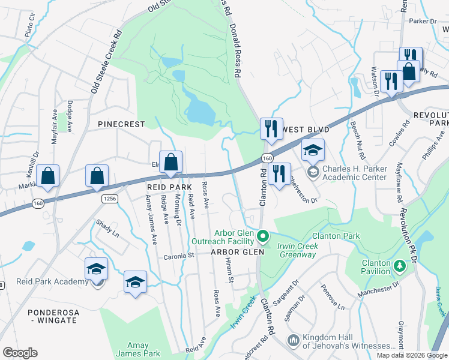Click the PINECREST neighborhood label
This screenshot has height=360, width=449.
(122, 124)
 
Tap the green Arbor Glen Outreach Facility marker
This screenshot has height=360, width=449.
(262, 238)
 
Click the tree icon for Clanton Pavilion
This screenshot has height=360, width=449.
(399, 265)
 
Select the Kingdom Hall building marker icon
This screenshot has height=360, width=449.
(294, 340)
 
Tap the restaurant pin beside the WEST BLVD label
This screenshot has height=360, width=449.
(271, 129)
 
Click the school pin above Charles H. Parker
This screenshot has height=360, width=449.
(313, 151)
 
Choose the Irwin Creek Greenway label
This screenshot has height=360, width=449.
(296, 250)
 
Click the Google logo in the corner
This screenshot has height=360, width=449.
(20, 353)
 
